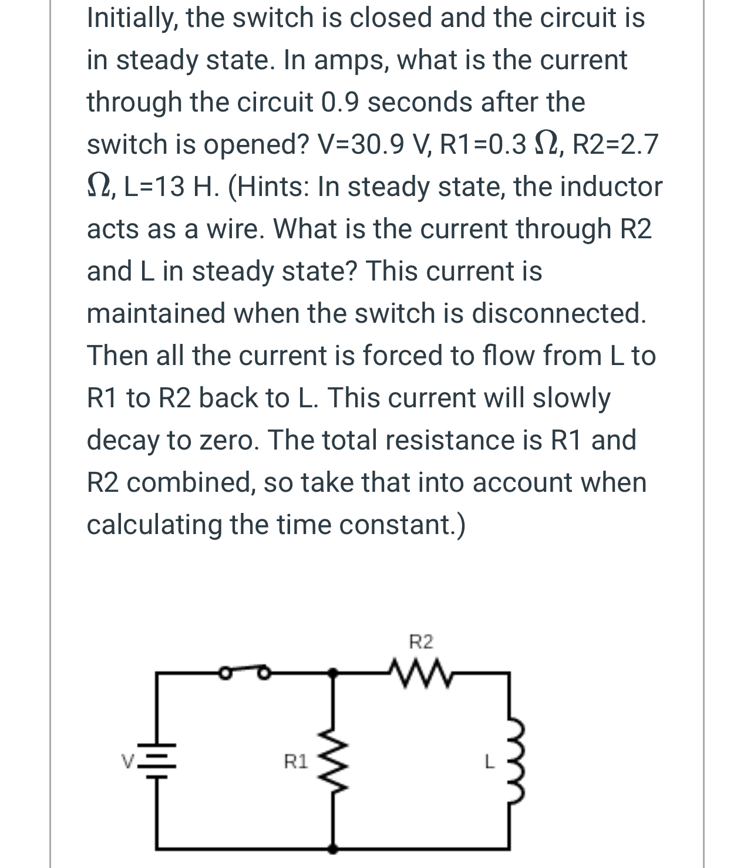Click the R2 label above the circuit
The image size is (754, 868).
[421, 642]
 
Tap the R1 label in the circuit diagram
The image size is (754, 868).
[295, 762]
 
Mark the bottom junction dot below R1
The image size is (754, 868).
[332, 848]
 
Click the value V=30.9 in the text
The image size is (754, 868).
[373, 144]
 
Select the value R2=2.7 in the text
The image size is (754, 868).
[614, 144]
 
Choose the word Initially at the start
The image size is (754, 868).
[133, 18]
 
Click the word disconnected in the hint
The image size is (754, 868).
[559, 313]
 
